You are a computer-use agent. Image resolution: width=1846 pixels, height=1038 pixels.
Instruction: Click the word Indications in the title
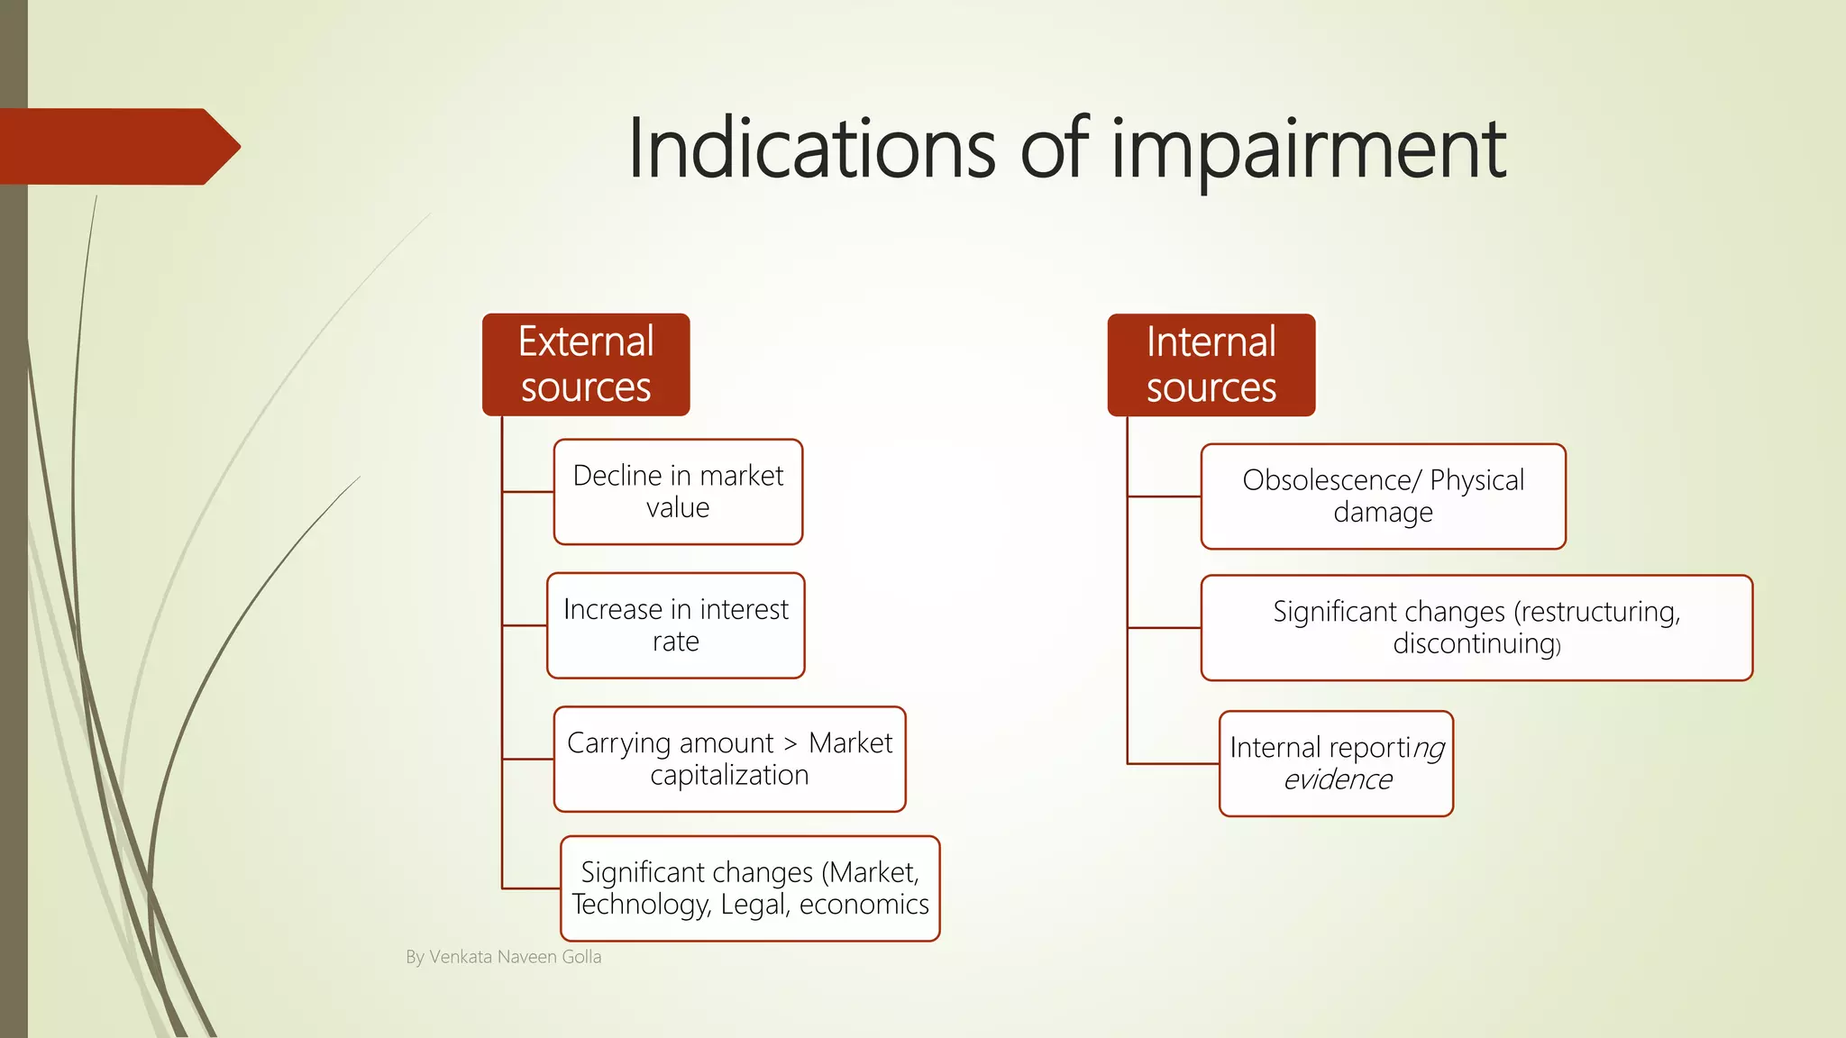811,149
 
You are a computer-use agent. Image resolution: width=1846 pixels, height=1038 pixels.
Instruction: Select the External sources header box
586,364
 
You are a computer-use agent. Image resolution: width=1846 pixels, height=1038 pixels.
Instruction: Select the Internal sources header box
1211,364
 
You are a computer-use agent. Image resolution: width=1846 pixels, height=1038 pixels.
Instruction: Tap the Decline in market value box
678,492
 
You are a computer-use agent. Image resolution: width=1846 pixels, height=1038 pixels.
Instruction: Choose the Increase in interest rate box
675,625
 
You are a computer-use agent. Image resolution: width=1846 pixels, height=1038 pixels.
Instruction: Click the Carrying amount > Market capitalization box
729,759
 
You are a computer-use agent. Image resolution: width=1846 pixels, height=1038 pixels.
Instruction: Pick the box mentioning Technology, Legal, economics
749,888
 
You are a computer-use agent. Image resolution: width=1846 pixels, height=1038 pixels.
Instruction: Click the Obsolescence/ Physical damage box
1383,496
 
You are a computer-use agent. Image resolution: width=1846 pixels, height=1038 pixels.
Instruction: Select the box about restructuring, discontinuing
1476,627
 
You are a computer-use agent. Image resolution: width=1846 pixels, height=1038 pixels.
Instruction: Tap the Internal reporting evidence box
1336,763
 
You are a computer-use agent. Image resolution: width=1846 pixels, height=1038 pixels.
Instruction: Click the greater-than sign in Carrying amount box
790,744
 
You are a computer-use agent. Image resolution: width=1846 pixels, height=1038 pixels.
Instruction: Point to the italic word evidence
1338,779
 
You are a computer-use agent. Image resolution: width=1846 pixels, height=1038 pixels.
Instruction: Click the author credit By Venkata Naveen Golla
503,957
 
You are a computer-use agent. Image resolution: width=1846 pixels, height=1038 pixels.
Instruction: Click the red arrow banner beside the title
117,147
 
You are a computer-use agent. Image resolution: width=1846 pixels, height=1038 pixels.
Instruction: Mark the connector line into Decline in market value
528,492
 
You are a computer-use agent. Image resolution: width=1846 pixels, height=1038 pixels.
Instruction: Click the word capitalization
729,775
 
